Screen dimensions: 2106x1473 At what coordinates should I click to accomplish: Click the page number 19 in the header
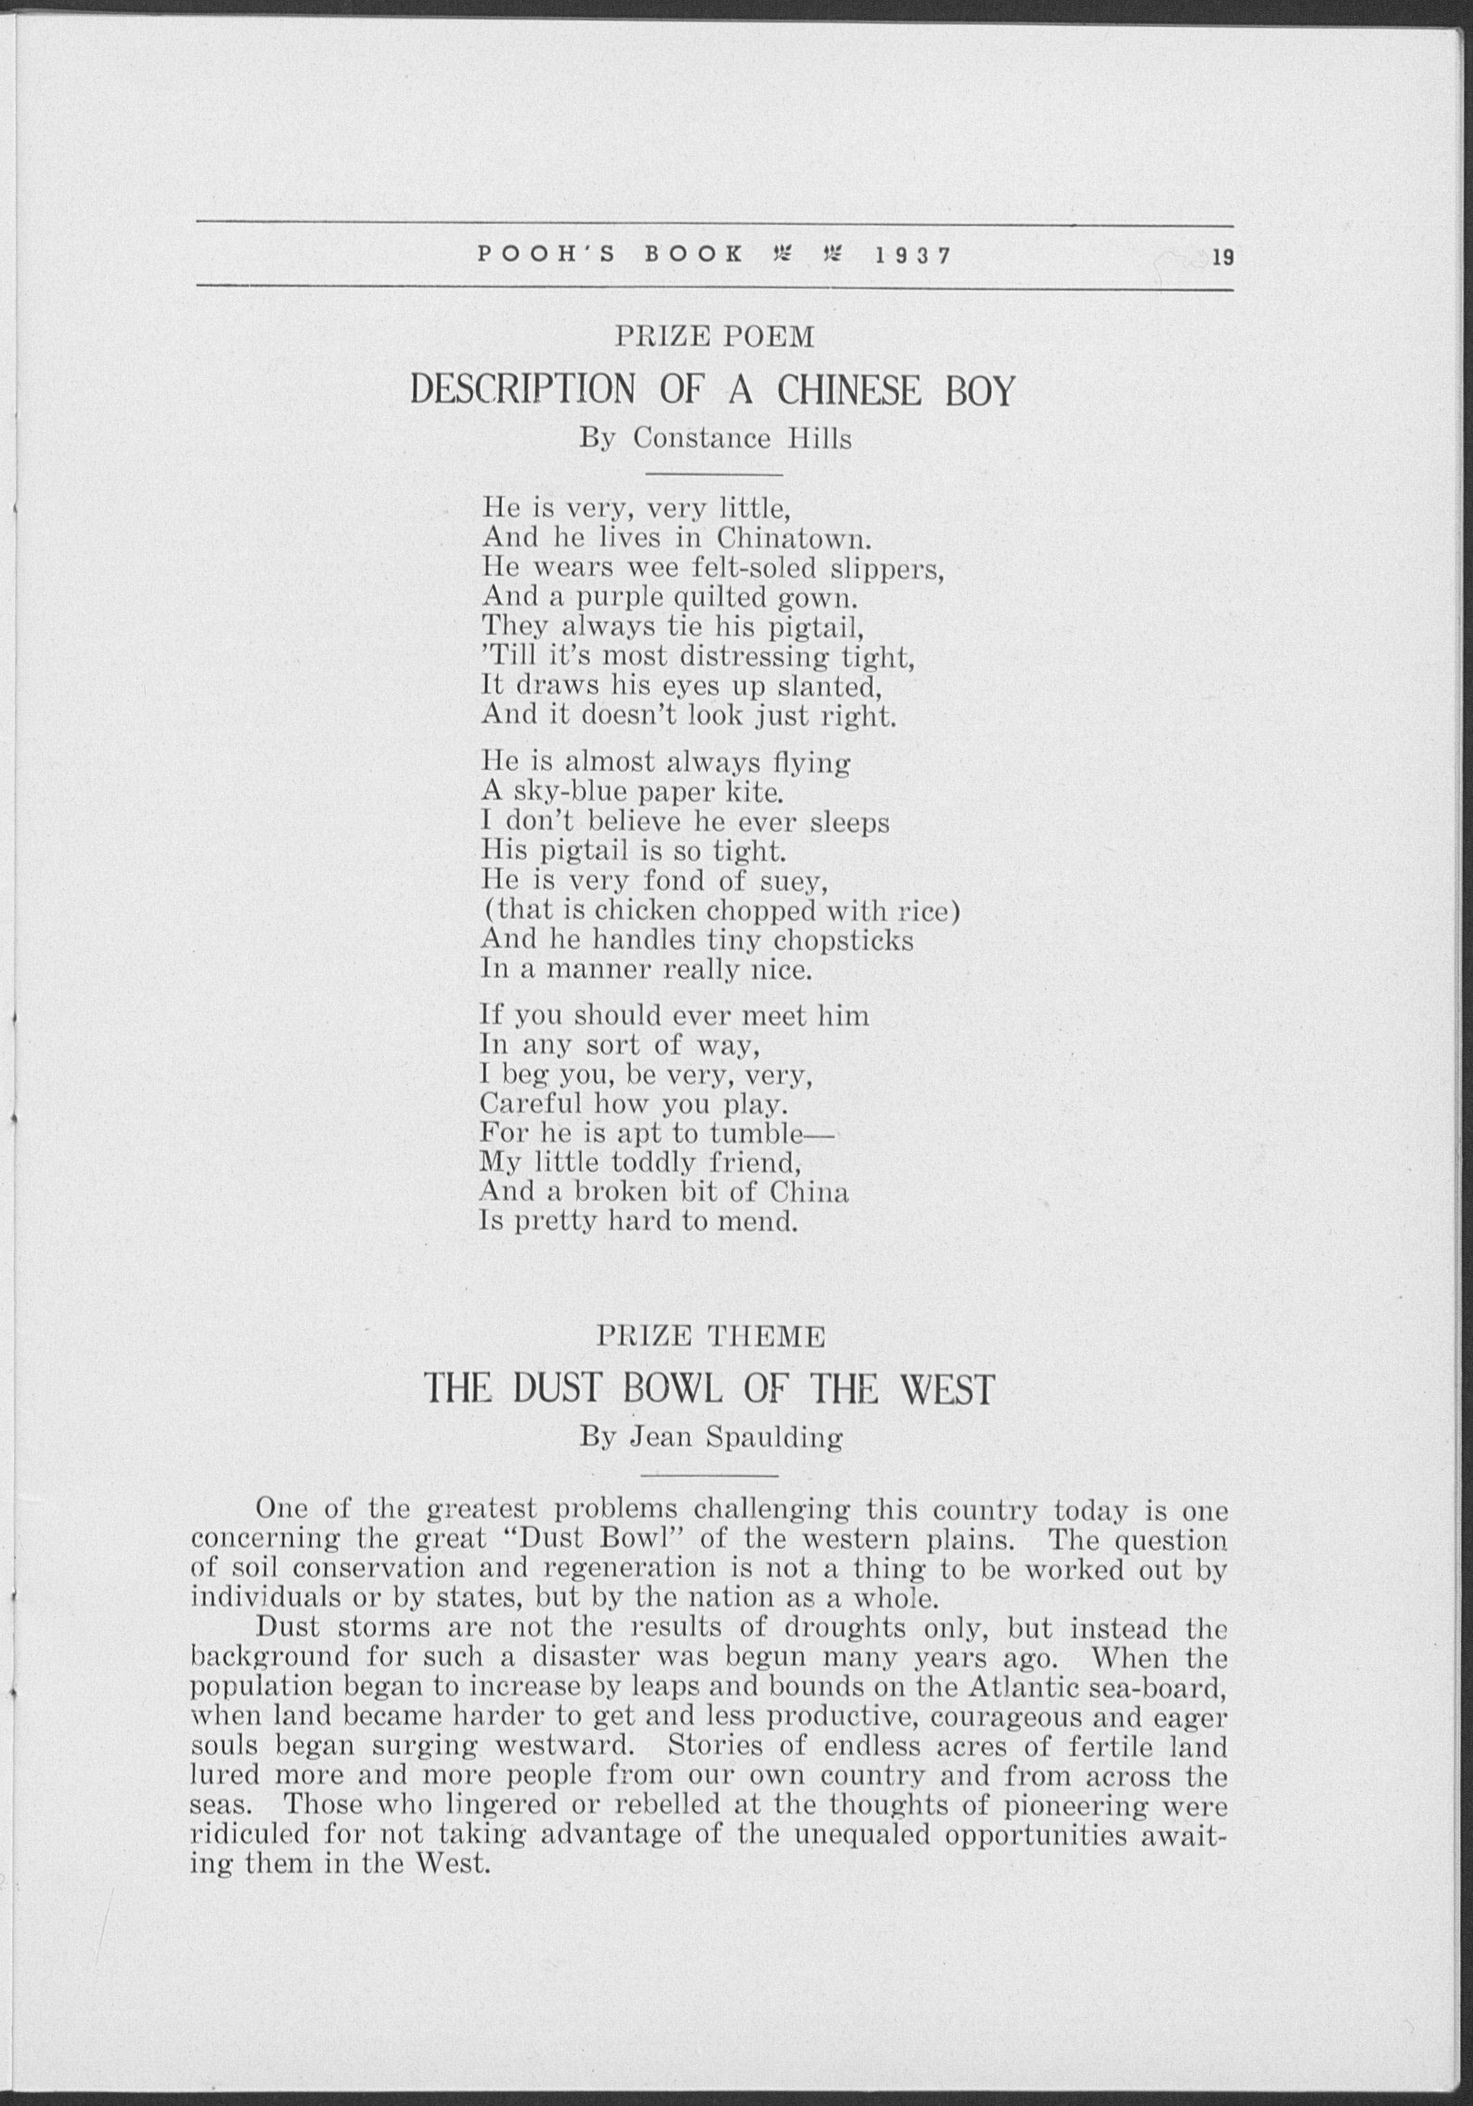(1222, 258)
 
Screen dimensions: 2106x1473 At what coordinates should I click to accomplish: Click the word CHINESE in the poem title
(849, 391)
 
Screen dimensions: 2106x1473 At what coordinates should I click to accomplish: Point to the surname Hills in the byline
(820, 439)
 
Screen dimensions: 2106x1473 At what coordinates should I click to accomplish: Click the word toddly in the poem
(655, 1163)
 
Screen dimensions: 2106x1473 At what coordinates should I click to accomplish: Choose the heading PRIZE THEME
(711, 1338)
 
